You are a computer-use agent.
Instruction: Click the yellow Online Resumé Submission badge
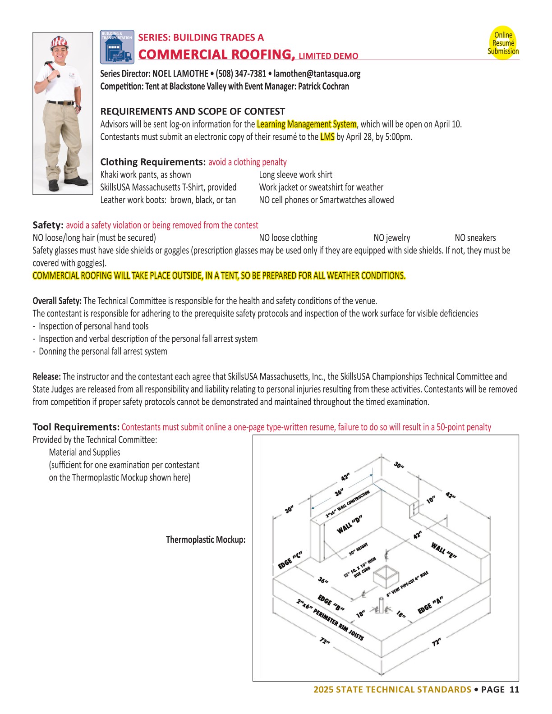click(503, 43)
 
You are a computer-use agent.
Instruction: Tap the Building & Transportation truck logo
click(117, 46)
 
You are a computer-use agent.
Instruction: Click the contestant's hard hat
click(59, 42)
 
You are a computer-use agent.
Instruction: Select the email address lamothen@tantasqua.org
click(317, 73)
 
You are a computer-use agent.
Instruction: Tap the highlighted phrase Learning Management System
click(307, 124)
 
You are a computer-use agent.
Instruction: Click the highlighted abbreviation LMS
click(327, 137)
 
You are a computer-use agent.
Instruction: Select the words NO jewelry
click(392, 238)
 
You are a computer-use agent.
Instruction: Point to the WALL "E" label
click(444, 550)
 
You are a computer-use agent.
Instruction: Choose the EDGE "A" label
click(430, 604)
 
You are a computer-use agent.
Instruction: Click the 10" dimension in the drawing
click(431, 499)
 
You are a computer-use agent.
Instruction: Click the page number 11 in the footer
click(514, 689)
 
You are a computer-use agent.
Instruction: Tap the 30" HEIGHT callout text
click(359, 549)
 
